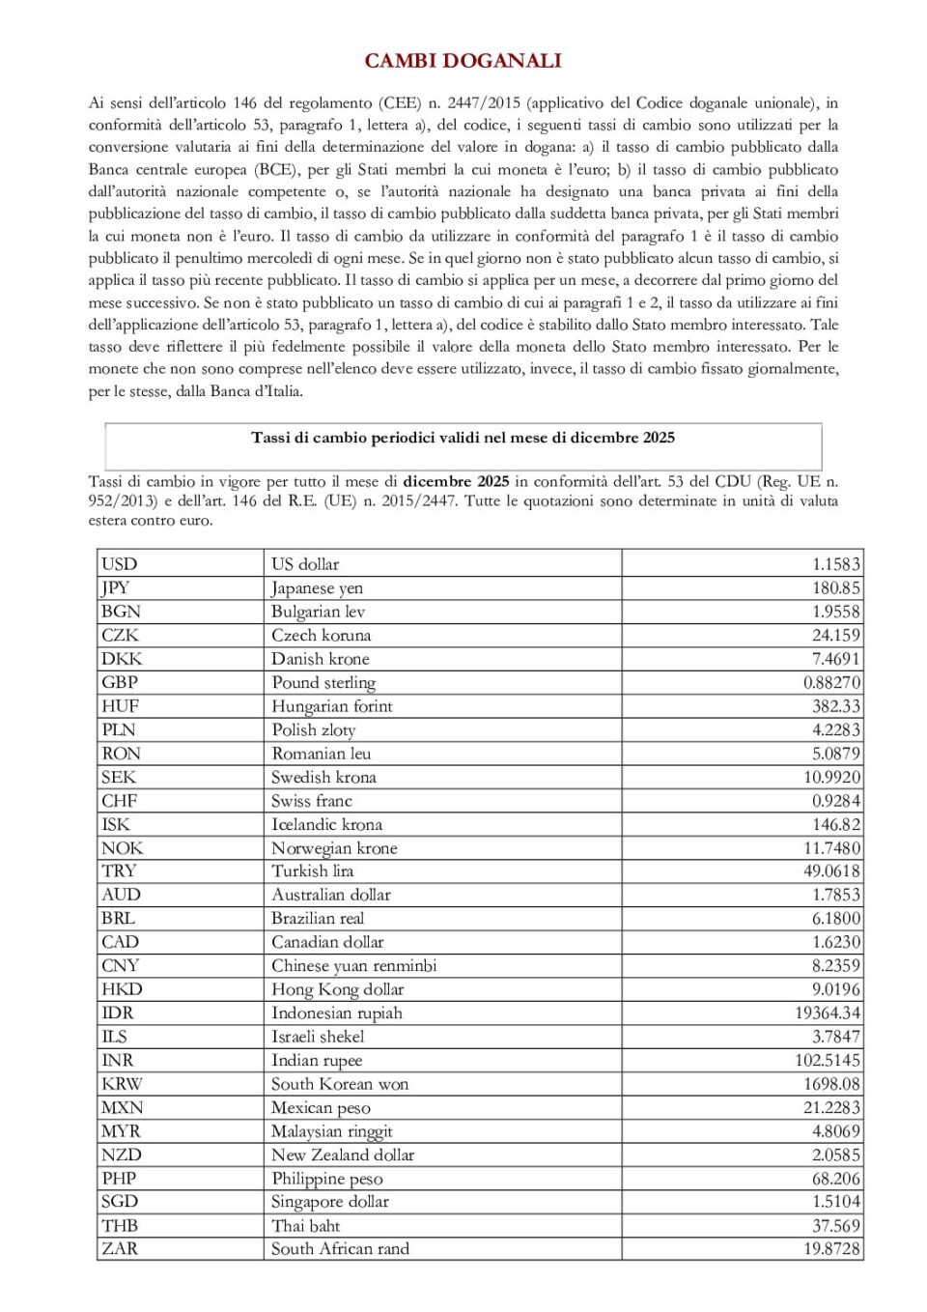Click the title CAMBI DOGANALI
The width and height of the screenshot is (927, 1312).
click(463, 61)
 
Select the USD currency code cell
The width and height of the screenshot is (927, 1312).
click(120, 564)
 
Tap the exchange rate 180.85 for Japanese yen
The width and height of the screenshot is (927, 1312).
click(835, 587)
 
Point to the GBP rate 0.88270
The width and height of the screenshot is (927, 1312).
click(830, 682)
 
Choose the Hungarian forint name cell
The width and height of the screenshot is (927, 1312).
click(332, 706)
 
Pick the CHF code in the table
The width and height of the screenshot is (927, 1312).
click(120, 801)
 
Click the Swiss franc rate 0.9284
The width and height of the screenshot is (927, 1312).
click(835, 801)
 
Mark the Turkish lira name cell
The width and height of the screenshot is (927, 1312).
click(313, 871)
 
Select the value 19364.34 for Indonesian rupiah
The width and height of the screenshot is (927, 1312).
click(828, 1013)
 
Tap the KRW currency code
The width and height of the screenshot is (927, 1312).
click(123, 1084)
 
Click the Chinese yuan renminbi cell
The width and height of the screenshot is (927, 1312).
click(354, 966)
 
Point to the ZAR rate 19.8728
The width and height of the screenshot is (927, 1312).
click(831, 1249)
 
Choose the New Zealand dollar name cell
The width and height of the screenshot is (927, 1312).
click(343, 1155)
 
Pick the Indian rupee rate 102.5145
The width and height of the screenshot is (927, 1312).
click(828, 1060)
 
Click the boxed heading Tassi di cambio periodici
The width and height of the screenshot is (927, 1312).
click(463, 438)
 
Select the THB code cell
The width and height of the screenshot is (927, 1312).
click(120, 1226)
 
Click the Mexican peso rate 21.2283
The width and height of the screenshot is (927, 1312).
click(831, 1107)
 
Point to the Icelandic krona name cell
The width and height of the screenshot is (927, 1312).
click(327, 825)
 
